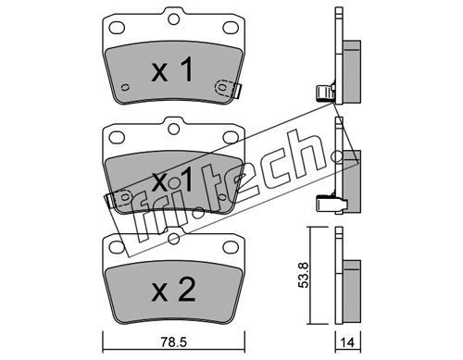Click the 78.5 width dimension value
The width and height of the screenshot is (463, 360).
(174, 342)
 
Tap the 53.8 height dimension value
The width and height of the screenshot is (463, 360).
(304, 275)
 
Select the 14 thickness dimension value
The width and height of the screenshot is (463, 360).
(348, 342)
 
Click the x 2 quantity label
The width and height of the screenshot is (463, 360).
(173, 290)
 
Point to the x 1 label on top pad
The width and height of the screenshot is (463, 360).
(172, 70)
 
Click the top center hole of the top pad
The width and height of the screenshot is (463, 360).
(173, 19)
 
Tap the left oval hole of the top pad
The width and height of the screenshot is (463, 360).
(117, 28)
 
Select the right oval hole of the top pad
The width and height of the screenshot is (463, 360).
(230, 28)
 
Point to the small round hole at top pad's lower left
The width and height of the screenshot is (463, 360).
(125, 88)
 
